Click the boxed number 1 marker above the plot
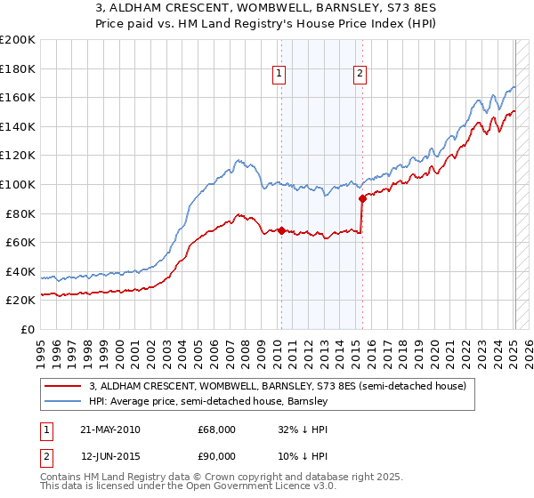[280, 75]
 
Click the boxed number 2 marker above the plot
[360, 75]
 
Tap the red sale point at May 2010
[281, 230]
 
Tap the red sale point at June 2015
[361, 199]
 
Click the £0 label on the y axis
[27, 329]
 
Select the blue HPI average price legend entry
[209, 402]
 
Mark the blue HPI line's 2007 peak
[239, 160]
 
